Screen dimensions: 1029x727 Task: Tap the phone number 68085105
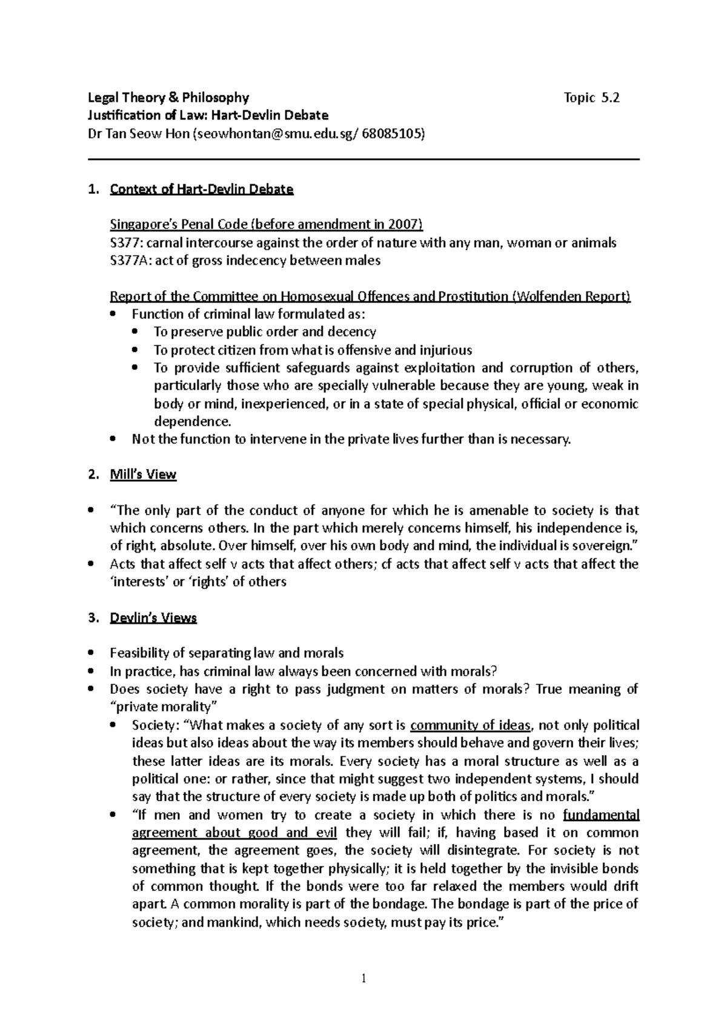[x=391, y=134]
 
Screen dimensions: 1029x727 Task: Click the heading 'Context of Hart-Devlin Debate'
[x=201, y=189]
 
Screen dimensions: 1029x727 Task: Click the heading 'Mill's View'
[x=143, y=475]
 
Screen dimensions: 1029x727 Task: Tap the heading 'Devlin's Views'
[x=153, y=618]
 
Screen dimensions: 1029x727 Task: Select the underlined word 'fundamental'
[x=601, y=815]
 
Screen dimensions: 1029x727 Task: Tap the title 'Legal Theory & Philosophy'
[x=168, y=98]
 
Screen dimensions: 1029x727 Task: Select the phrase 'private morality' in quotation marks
[x=164, y=707]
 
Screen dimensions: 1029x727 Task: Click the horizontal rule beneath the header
[x=363, y=159]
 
